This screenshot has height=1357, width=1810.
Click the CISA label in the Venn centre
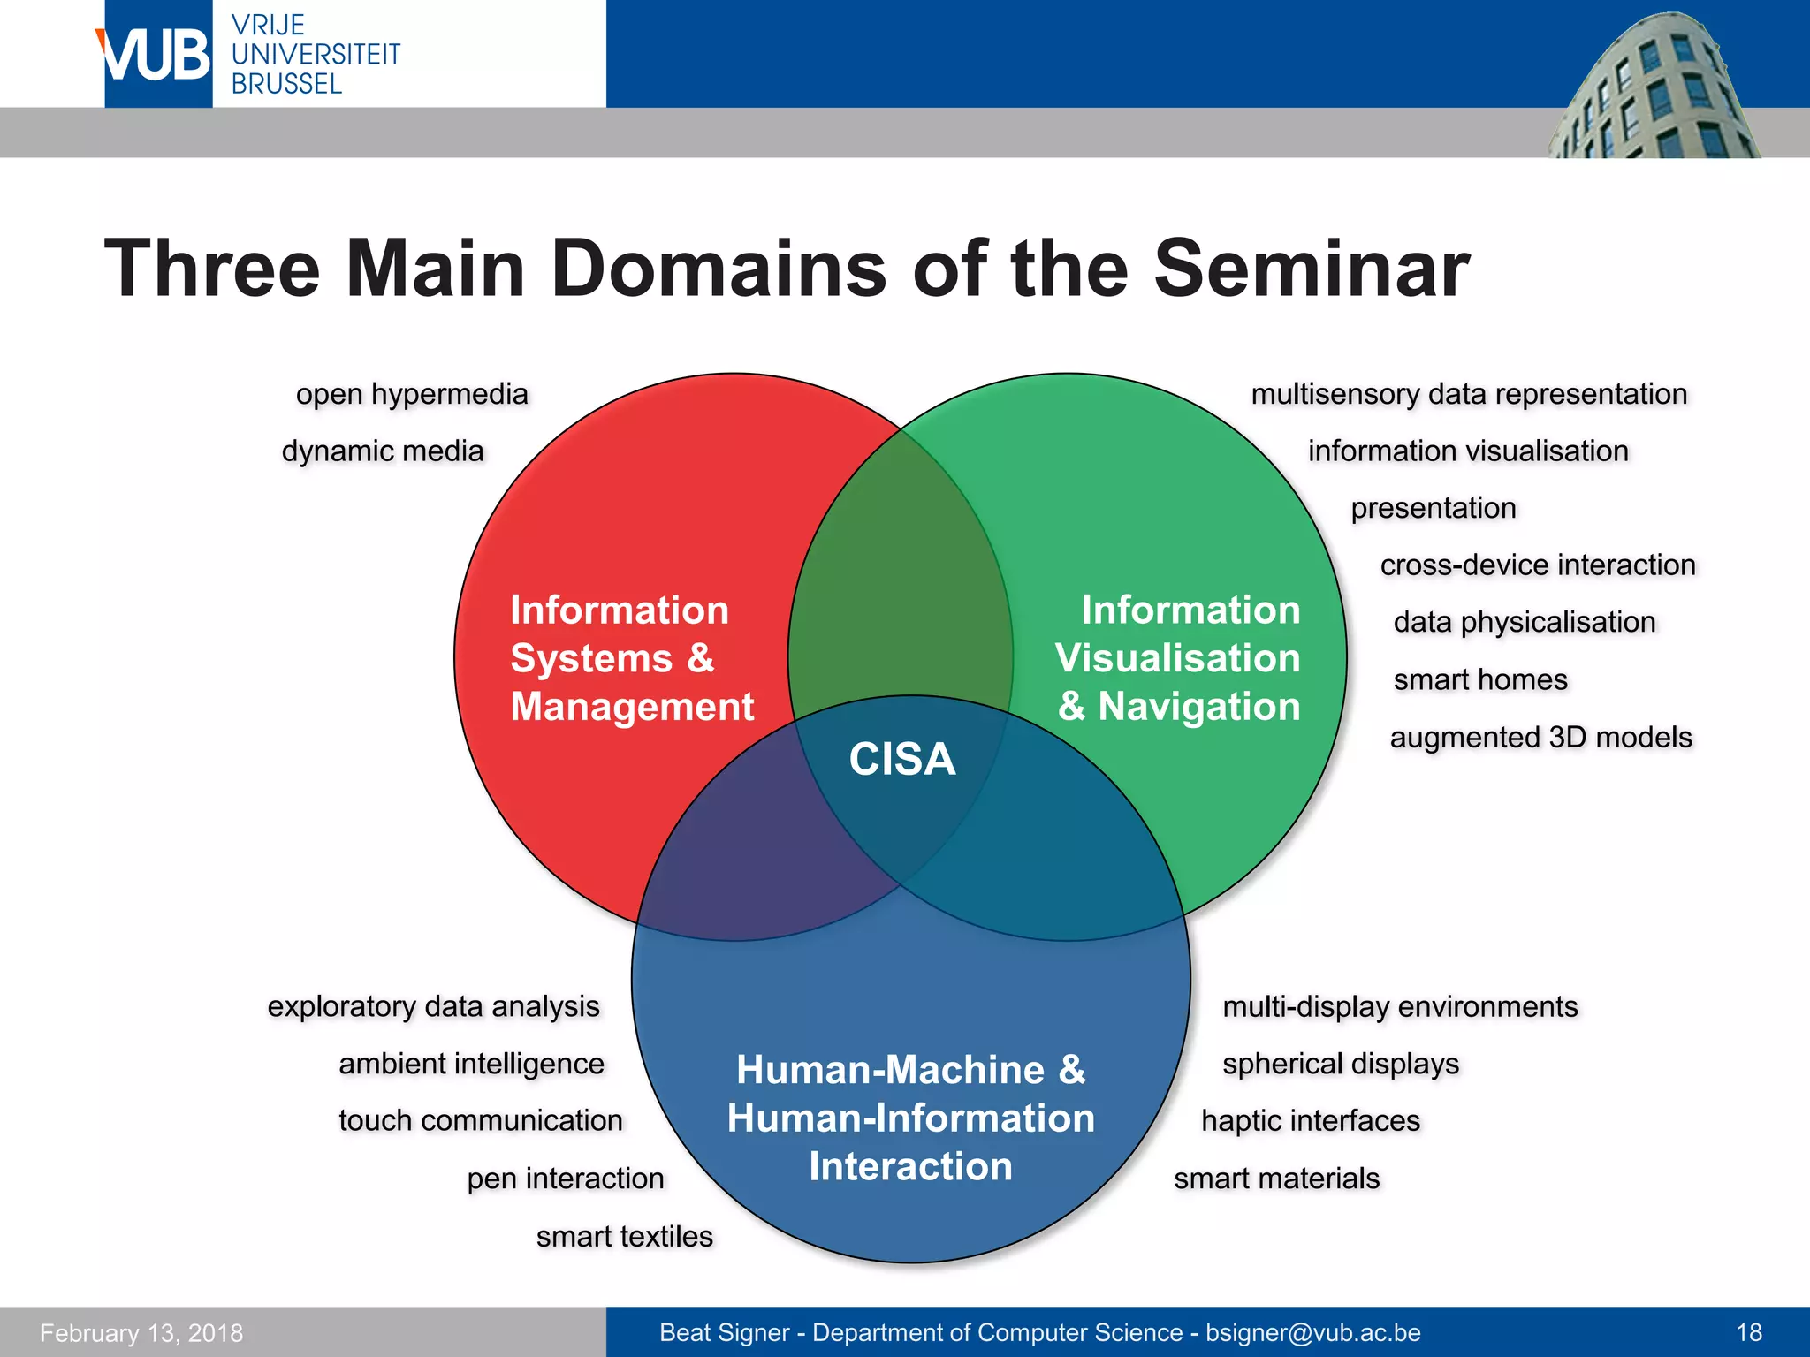click(x=901, y=760)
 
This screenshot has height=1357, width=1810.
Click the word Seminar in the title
click(x=1312, y=269)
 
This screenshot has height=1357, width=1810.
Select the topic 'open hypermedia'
click(x=412, y=394)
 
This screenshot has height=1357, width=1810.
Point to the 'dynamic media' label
click(x=383, y=451)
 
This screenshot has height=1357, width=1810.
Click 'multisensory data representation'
click(x=1469, y=394)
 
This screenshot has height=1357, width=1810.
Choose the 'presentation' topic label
click(x=1433, y=508)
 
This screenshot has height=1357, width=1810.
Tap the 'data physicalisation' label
click(x=1524, y=622)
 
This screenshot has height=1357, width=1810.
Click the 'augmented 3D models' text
click(x=1540, y=737)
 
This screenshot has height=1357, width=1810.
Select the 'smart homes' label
click(x=1480, y=679)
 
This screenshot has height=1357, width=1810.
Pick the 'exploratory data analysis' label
click(x=433, y=1006)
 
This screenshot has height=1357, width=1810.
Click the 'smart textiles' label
click(x=624, y=1236)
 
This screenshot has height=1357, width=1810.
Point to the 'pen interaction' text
click(x=566, y=1179)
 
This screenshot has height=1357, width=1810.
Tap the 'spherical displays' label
click(x=1340, y=1064)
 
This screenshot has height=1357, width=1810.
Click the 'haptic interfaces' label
click(x=1310, y=1121)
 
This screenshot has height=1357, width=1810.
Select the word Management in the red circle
click(x=632, y=707)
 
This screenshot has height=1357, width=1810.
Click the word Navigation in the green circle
click(x=1198, y=707)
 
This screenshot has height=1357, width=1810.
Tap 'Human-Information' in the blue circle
click(x=910, y=1118)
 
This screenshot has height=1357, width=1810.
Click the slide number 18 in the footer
click(x=1749, y=1332)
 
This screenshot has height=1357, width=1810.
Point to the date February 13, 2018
click(x=141, y=1333)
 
